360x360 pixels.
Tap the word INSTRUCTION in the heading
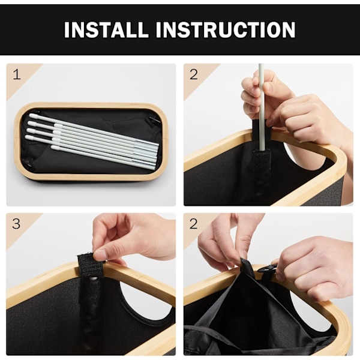coord(226,29)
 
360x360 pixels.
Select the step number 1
coord(17,74)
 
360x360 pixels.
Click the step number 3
coord(16,224)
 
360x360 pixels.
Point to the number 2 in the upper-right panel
coord(194,74)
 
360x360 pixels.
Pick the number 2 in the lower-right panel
coord(194,224)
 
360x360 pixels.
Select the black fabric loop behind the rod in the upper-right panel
coord(257,130)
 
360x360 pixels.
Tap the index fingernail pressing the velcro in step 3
coord(100,254)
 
